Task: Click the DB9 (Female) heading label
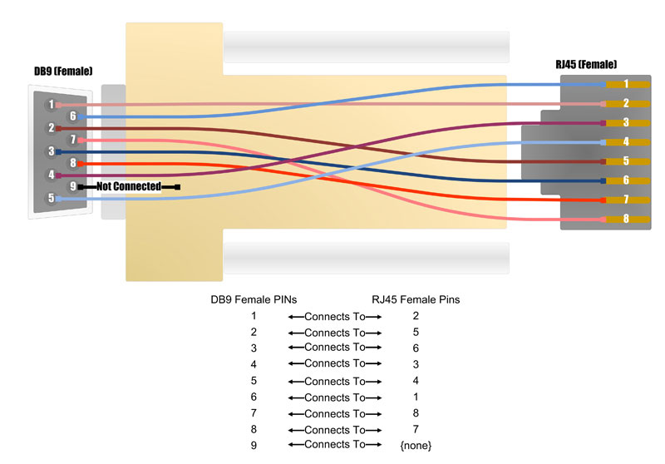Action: [x=63, y=72]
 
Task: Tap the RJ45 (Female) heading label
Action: [x=586, y=65]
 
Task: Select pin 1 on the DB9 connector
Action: [x=52, y=104]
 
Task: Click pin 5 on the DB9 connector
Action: [x=52, y=198]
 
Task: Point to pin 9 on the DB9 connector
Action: [x=73, y=186]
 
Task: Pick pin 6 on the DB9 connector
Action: [x=73, y=116]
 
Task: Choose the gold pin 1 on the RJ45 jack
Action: [x=625, y=84]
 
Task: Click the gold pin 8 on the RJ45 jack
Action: [x=625, y=220]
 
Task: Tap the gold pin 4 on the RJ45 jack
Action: [x=625, y=142]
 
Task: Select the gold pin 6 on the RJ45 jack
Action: [x=625, y=180]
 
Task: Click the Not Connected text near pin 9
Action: [x=129, y=186]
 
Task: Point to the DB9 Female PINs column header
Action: [x=254, y=299]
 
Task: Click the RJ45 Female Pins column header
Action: [x=416, y=299]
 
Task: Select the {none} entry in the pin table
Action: [x=416, y=446]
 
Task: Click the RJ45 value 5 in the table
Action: [x=416, y=333]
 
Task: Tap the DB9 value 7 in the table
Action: [x=254, y=413]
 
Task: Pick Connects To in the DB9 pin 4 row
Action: [x=334, y=363]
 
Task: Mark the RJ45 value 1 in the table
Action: [x=416, y=397]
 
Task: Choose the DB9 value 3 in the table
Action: [x=254, y=348]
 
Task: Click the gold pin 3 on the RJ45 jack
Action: [x=625, y=122]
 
